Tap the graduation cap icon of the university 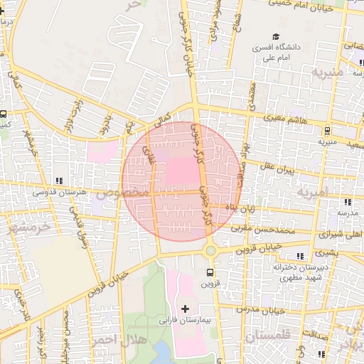(274, 37)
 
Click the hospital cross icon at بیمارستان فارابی (186, 309)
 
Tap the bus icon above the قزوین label (210, 272)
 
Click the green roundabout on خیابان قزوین (210, 250)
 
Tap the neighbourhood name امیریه (314, 193)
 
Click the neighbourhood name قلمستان (267, 333)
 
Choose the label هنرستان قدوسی (59, 193)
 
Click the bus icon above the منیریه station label (326, 130)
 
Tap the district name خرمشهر (31, 229)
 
